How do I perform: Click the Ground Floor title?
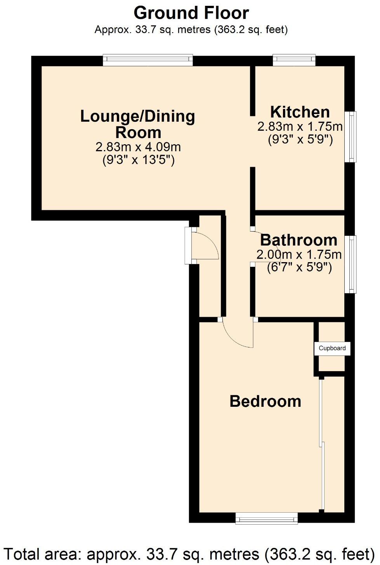tap(191, 13)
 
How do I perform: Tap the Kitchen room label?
tap(300, 112)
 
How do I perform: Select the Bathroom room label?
tap(298, 240)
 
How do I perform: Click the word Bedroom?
tap(265, 401)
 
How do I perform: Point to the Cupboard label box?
tap(332, 348)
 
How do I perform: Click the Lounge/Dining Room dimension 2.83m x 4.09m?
tap(138, 147)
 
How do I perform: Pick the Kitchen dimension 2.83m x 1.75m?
tap(300, 126)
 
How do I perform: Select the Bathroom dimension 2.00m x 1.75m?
tap(299, 255)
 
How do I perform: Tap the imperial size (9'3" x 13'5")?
tap(139, 160)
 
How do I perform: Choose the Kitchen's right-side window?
tap(351, 136)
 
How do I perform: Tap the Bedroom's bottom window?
tap(267, 518)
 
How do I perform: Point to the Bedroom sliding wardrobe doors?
tap(322, 446)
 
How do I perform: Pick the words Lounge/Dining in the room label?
tap(138, 116)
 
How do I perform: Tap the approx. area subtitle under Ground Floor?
tap(191, 30)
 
